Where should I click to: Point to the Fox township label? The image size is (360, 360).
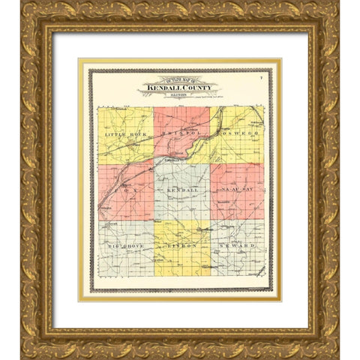pos(123,191)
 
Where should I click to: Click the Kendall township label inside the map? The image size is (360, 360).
pos(181,192)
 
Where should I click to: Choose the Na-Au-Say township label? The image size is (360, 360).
pos(237,191)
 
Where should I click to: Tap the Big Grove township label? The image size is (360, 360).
pos(124,246)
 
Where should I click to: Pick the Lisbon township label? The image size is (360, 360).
pos(181,246)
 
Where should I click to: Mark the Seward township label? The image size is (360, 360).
pos(238,246)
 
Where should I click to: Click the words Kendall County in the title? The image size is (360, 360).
pos(178,88)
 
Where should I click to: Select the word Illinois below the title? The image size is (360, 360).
pos(178,95)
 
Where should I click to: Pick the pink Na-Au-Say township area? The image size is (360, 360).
pos(237,206)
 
